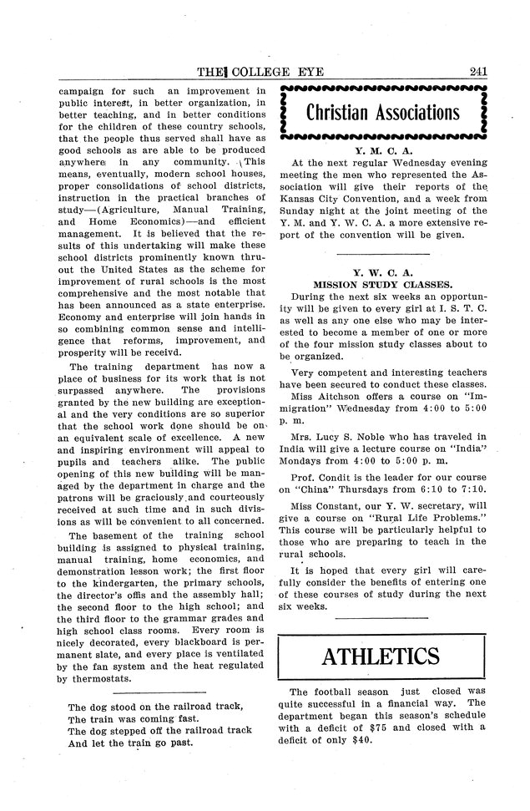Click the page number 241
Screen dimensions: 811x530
coord(478,71)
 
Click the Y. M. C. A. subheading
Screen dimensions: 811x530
coord(383,151)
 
